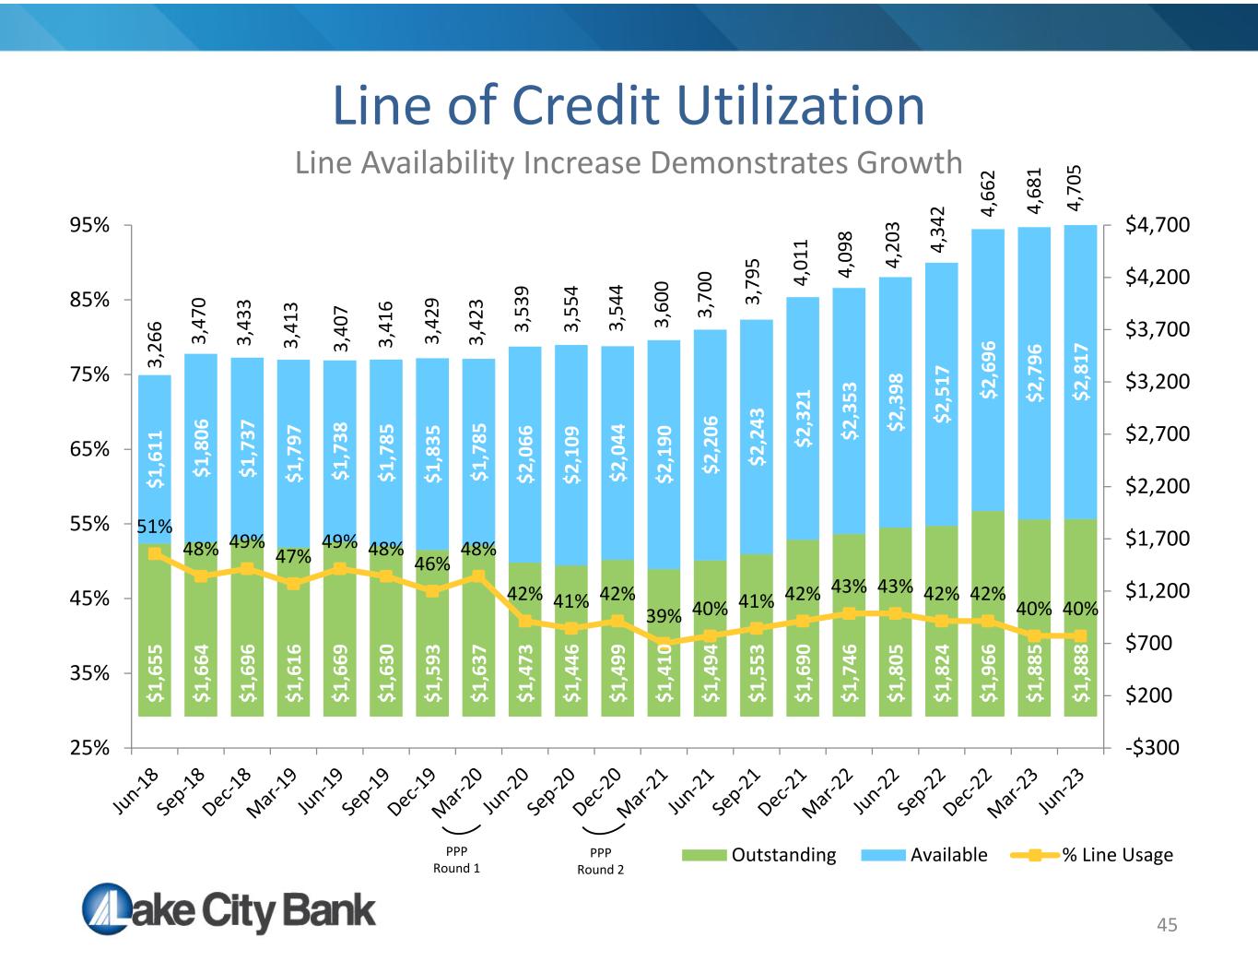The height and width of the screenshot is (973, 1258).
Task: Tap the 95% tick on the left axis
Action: click(x=89, y=225)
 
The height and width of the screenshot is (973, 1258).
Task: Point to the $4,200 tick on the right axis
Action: click(x=1158, y=277)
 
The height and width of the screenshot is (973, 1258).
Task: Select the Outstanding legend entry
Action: click(x=759, y=855)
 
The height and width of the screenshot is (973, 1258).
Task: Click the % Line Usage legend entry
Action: click(x=1091, y=855)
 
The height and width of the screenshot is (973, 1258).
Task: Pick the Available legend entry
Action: click(x=924, y=855)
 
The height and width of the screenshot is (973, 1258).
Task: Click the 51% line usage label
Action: click(x=155, y=527)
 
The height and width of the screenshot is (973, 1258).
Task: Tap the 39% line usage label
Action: click(x=664, y=616)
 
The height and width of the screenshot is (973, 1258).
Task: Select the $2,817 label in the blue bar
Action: click(x=1080, y=372)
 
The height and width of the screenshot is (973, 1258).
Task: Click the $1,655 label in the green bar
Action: click(x=155, y=673)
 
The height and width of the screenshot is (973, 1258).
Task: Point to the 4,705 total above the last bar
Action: click(x=1074, y=188)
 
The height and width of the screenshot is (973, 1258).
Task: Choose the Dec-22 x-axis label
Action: click(x=967, y=791)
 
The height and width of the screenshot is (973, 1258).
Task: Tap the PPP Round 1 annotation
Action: click(x=457, y=860)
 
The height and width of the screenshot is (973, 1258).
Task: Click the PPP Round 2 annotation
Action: click(x=600, y=860)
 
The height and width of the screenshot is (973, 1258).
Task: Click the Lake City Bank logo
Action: click(x=229, y=909)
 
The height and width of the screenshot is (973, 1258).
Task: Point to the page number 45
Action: click(x=1167, y=925)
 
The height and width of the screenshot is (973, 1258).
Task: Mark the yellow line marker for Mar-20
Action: click(x=478, y=576)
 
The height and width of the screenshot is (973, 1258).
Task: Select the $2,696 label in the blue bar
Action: click(x=988, y=370)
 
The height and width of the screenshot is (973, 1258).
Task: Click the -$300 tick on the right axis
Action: click(x=1152, y=748)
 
